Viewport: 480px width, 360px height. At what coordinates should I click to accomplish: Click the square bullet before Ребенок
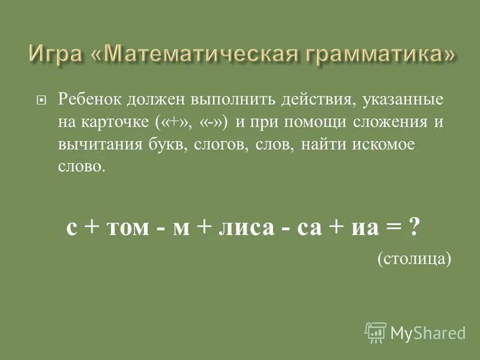41,101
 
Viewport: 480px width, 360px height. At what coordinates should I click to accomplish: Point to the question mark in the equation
412,228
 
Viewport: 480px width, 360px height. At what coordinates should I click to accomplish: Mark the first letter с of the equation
71,230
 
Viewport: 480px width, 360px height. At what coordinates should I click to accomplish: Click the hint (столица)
413,258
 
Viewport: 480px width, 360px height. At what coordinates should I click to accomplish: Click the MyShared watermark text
428,332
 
